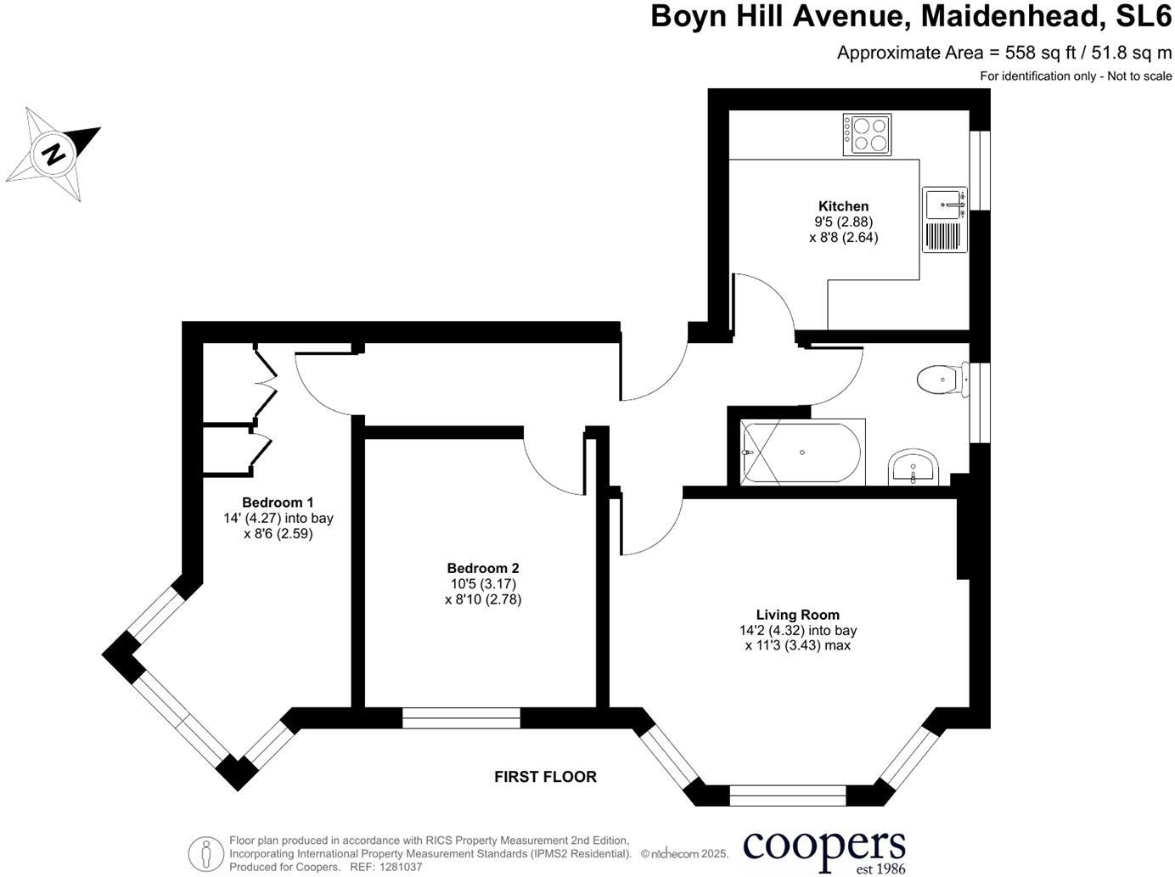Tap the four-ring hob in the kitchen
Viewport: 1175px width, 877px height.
click(867, 134)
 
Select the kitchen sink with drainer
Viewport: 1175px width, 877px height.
click(945, 219)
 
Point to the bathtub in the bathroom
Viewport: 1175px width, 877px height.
click(802, 452)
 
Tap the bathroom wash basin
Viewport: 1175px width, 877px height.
click(913, 468)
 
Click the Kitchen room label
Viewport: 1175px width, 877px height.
click(843, 206)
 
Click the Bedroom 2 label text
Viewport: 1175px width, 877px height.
click(483, 568)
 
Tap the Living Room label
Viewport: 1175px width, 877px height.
click(797, 615)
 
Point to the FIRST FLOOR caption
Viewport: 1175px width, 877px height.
click(545, 776)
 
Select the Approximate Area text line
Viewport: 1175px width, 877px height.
click(1004, 53)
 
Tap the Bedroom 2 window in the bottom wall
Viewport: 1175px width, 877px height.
click(461, 718)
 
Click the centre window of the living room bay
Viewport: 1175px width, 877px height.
click(788, 795)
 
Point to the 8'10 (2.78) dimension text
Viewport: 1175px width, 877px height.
click(483, 599)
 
